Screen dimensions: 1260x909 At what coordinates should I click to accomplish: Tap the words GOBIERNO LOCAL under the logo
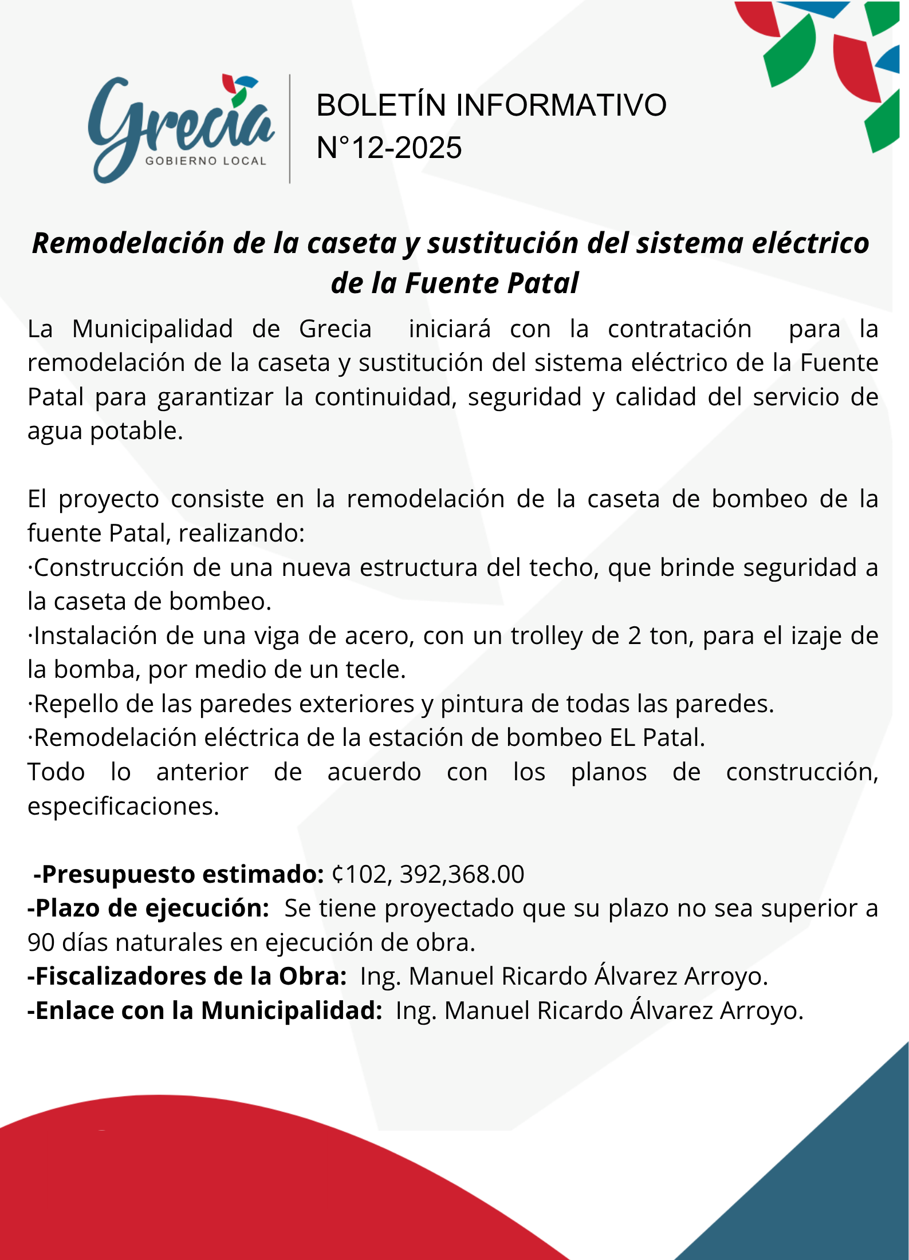[206, 161]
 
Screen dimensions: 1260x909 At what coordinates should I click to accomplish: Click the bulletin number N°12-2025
[389, 148]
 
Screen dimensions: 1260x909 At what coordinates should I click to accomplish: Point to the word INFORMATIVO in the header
[561, 105]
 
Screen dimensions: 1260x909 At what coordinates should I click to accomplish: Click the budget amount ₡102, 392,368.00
[428, 875]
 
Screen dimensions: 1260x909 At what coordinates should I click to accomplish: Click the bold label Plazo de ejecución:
[148, 909]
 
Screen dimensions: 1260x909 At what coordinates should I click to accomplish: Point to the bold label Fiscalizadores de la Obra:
[187, 977]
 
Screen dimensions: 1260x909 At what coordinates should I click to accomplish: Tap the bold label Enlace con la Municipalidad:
[204, 1011]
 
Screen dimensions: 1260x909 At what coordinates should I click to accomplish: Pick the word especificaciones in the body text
[123, 807]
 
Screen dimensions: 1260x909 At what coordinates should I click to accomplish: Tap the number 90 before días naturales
[41, 943]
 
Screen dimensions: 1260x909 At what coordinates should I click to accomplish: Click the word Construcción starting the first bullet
[109, 568]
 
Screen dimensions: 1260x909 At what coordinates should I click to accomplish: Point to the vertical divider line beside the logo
[290, 129]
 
